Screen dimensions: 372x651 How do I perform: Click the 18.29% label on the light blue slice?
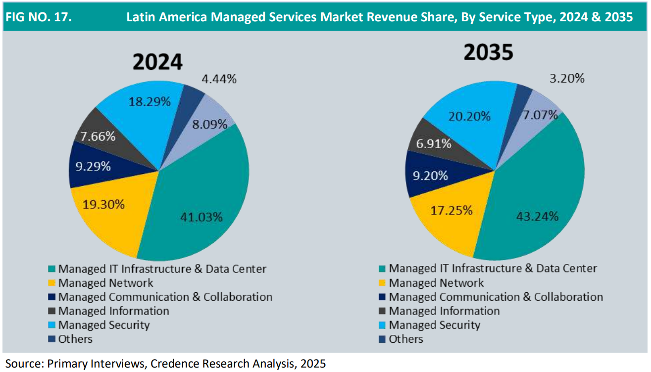[150, 102]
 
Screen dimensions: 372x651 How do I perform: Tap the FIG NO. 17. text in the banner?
[38, 17]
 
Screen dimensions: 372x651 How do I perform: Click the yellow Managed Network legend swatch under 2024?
[51, 283]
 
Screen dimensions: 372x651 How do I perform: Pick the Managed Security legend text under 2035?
[434, 325]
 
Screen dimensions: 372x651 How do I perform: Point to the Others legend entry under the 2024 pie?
[75, 339]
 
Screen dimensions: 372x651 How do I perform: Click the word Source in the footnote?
[23, 363]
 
